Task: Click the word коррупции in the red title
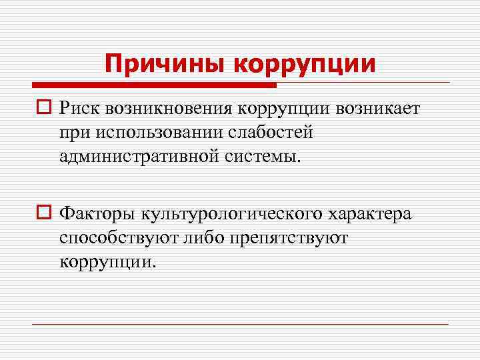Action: (x=305, y=64)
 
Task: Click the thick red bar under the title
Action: (x=153, y=85)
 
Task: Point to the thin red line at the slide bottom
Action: (x=240, y=324)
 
